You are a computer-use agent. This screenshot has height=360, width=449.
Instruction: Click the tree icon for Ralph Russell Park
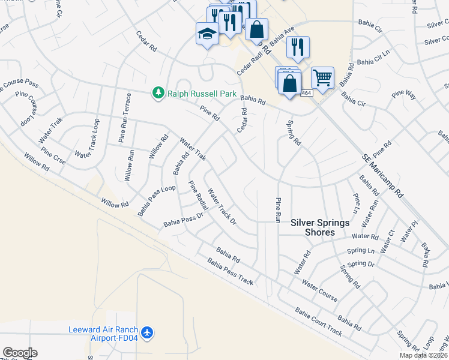point(158,93)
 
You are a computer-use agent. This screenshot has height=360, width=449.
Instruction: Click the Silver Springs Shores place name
point(319,227)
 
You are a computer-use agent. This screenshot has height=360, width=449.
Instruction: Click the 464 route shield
point(306,92)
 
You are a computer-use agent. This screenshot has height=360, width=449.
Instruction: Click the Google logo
point(20,353)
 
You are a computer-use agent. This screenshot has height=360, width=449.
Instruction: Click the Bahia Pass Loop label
point(156,200)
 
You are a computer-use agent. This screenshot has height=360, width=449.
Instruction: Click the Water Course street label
point(319,290)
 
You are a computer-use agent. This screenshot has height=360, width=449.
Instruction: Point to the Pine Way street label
point(404,94)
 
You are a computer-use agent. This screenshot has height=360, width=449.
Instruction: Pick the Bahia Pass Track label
point(231,271)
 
